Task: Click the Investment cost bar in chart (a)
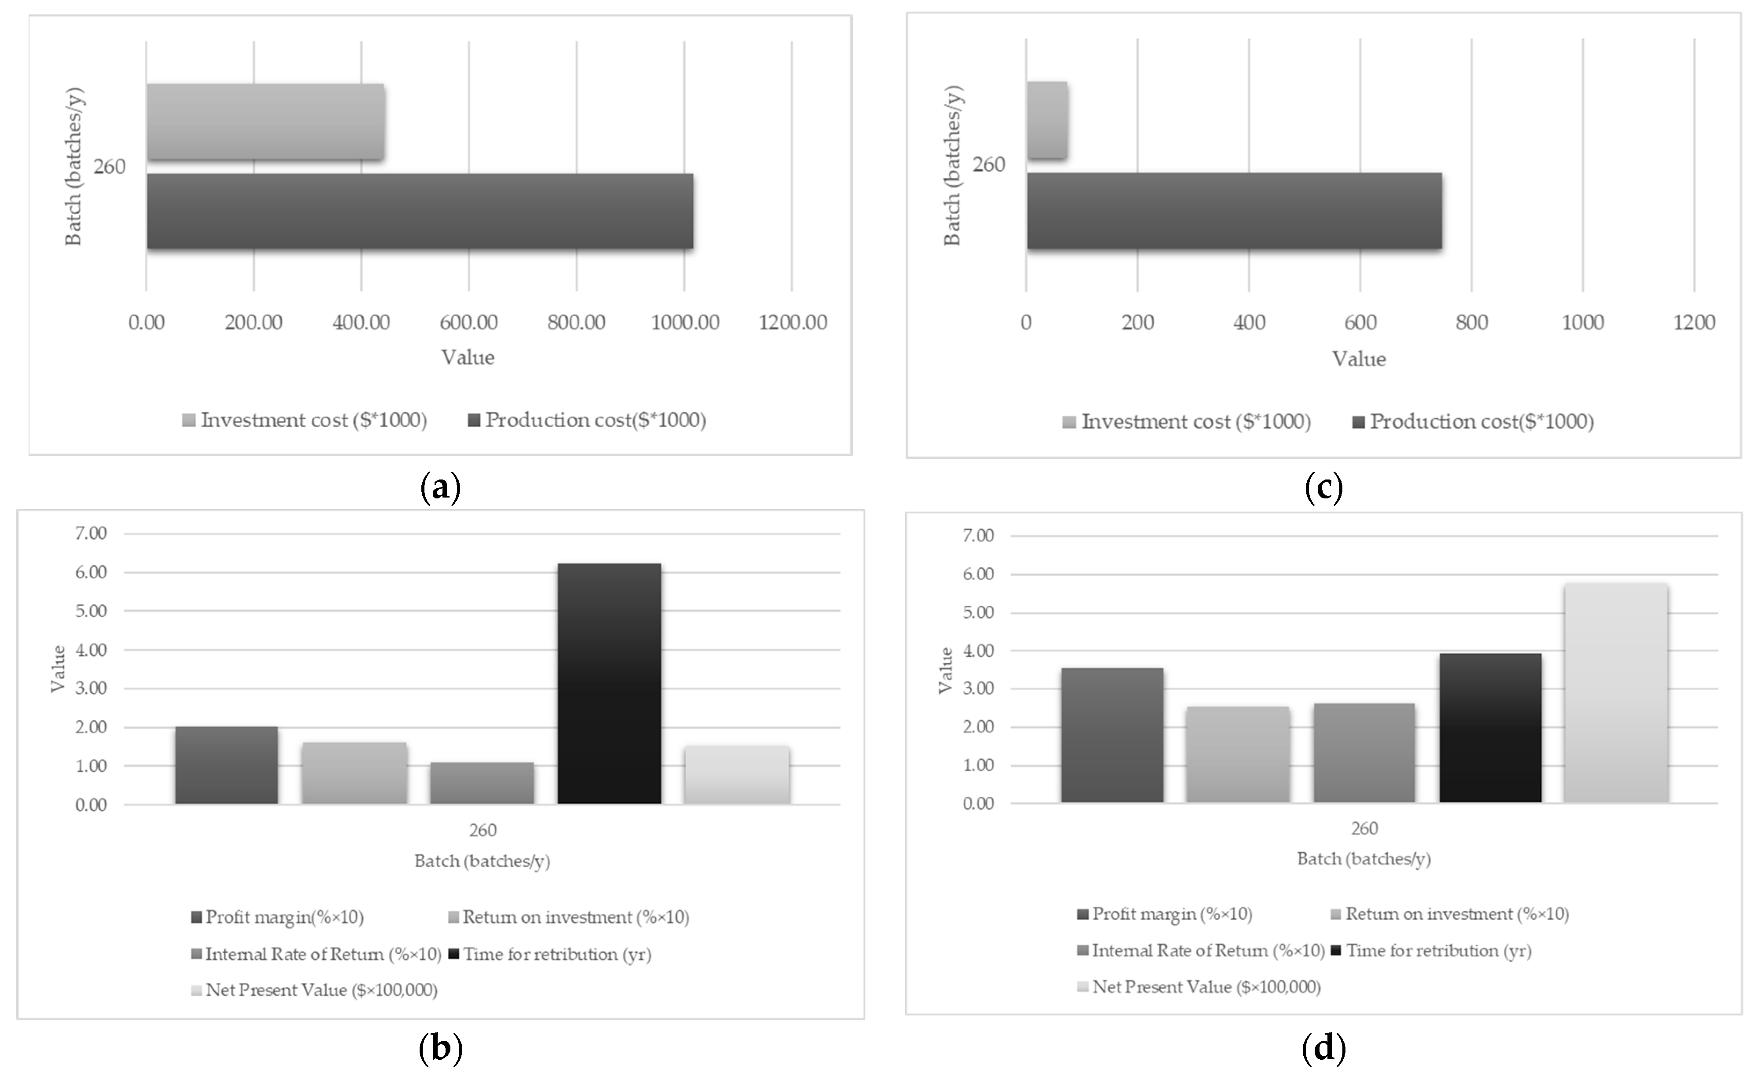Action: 265,121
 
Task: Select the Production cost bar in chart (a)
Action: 420,211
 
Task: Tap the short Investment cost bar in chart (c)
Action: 1047,120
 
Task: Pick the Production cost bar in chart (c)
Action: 1234,211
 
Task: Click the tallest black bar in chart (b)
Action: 609,683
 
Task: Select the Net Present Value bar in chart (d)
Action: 1616,692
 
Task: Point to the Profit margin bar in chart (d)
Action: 1112,735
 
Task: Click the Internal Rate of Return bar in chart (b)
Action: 482,783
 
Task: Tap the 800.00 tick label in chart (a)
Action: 576,322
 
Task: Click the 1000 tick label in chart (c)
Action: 1583,322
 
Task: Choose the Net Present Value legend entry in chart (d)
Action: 1199,987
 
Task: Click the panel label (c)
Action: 1323,488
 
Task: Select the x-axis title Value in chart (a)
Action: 468,358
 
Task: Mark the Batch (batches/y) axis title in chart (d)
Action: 1364,859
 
